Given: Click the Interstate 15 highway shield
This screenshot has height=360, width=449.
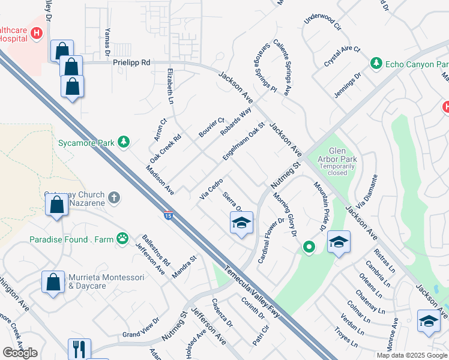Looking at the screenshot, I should tap(168, 215).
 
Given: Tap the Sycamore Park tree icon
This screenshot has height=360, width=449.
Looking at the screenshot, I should tap(124, 142).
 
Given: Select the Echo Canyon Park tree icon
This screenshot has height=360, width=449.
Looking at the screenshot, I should tap(376, 63).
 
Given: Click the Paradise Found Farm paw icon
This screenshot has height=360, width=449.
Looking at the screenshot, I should tap(122, 239).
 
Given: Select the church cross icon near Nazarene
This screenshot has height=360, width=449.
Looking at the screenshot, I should tap(115, 197).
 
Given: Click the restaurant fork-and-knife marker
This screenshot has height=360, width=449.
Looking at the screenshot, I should tap(79, 349).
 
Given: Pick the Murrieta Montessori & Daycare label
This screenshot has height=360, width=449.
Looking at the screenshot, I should tap(106, 281).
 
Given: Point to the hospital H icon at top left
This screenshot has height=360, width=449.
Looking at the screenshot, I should tap(37, 33).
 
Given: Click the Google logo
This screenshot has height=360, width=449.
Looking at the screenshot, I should tap(20, 353).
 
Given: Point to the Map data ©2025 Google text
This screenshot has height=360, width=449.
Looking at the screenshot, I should tap(412, 355).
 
